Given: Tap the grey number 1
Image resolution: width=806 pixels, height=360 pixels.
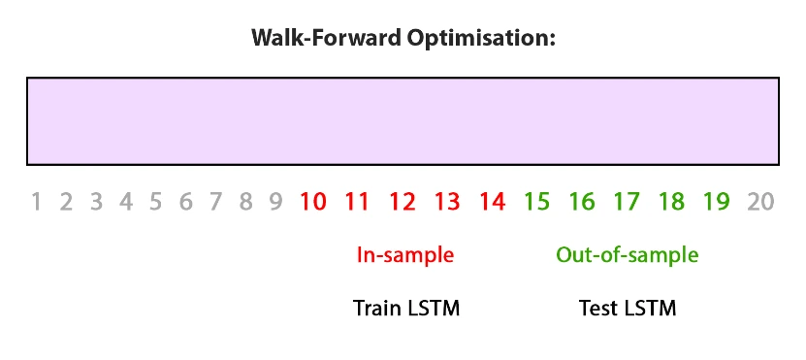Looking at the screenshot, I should [x=36, y=202].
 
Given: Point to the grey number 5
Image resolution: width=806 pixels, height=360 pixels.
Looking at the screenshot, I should [x=155, y=202].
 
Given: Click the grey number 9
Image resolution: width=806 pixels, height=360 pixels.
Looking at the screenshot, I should [x=275, y=202].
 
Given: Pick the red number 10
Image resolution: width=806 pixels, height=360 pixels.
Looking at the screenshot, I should [x=313, y=202].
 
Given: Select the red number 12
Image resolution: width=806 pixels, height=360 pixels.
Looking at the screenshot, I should [x=402, y=202].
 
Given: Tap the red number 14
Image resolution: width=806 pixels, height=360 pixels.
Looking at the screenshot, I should [x=492, y=202].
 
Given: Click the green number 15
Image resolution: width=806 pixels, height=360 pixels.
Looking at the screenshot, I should [x=536, y=202].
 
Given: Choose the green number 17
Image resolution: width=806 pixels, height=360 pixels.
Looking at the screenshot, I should [x=627, y=202].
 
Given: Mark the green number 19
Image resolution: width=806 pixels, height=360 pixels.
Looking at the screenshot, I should [x=716, y=202].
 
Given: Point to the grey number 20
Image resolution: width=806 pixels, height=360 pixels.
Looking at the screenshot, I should [x=761, y=202].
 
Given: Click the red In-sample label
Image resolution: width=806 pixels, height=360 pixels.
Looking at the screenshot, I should [x=405, y=256].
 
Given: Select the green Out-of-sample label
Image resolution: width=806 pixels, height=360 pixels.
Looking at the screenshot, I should [x=627, y=256].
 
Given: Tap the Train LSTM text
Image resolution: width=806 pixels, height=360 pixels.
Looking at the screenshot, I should [x=406, y=310].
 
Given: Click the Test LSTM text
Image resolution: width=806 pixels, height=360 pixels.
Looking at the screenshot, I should [x=628, y=310].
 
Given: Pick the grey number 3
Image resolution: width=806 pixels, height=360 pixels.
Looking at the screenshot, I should [x=96, y=202].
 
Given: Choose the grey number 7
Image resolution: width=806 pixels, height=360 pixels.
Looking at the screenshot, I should [x=215, y=202].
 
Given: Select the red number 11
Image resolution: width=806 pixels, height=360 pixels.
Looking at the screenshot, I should [x=357, y=202].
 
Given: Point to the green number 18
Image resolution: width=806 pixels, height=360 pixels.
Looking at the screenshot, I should [x=671, y=202].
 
